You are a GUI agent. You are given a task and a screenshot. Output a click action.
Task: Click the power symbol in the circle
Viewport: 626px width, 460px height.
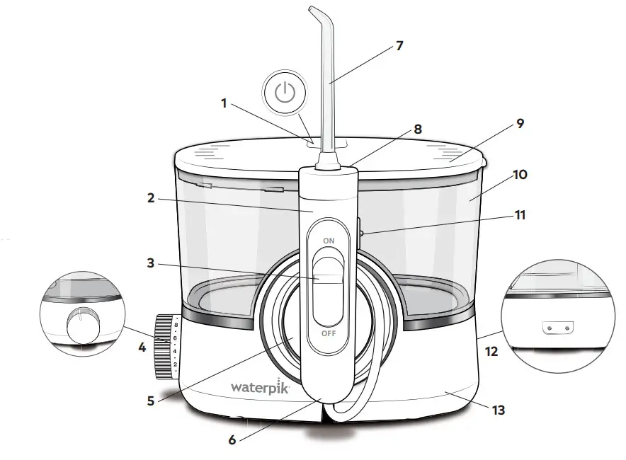coord(284,94)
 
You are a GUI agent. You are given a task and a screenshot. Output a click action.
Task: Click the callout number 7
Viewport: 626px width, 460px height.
coord(399,46)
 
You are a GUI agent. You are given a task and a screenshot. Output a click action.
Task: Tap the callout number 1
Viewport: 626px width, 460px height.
coord(224,103)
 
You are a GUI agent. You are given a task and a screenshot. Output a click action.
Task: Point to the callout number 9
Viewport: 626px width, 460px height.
coord(520,123)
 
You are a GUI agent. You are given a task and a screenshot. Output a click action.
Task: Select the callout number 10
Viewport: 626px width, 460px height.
coord(520,173)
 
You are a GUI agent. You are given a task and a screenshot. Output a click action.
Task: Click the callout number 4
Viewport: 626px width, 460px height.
coord(143,347)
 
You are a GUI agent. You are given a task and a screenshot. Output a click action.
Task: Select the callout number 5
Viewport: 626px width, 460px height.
coord(150,400)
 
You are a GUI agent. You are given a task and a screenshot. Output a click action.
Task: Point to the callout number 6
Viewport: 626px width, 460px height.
coord(232,439)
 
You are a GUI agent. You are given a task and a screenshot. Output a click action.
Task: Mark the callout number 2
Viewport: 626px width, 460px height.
coord(150,199)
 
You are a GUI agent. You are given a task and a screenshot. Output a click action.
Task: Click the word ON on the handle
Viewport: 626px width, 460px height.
coord(329,241)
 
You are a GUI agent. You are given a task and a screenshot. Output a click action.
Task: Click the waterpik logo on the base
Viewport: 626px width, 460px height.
coord(260,387)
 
